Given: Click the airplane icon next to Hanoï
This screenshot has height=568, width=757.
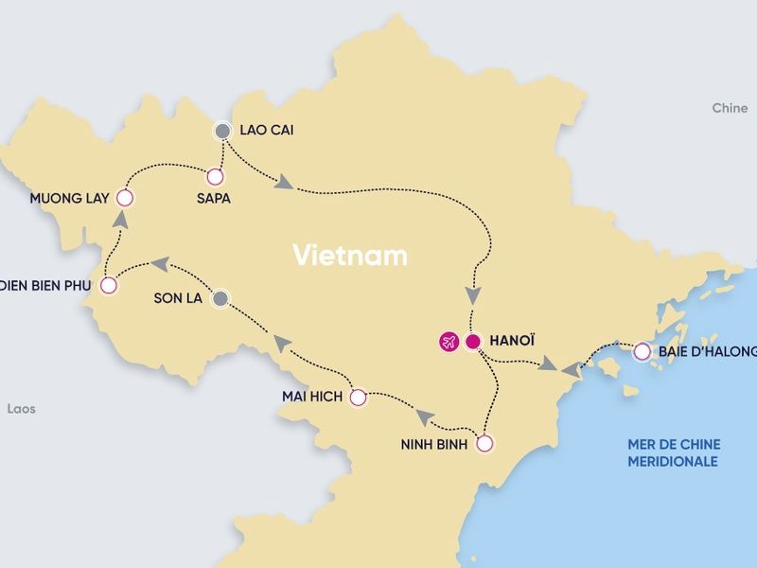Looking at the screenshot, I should (447, 342).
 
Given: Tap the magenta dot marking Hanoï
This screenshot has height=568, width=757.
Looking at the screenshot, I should (473, 342).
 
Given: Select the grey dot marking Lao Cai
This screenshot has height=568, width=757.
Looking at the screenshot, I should (222, 130).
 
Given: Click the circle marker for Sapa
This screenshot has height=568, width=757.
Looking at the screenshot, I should (215, 176).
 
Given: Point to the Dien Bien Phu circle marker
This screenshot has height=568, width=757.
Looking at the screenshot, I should (109, 284).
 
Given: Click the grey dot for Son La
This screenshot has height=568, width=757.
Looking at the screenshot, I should (220, 298).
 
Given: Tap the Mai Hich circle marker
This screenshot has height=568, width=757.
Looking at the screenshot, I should (358, 399).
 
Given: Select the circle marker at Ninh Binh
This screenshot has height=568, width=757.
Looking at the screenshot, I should (484, 443).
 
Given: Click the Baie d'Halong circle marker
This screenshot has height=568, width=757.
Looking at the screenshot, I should (643, 352).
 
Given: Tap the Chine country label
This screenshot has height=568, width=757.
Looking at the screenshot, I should (730, 109).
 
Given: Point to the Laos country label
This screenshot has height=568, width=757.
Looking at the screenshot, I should (21, 409).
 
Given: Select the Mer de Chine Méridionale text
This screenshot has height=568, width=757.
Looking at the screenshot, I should (673, 453).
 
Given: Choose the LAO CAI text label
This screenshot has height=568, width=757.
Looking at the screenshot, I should (267, 130).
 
